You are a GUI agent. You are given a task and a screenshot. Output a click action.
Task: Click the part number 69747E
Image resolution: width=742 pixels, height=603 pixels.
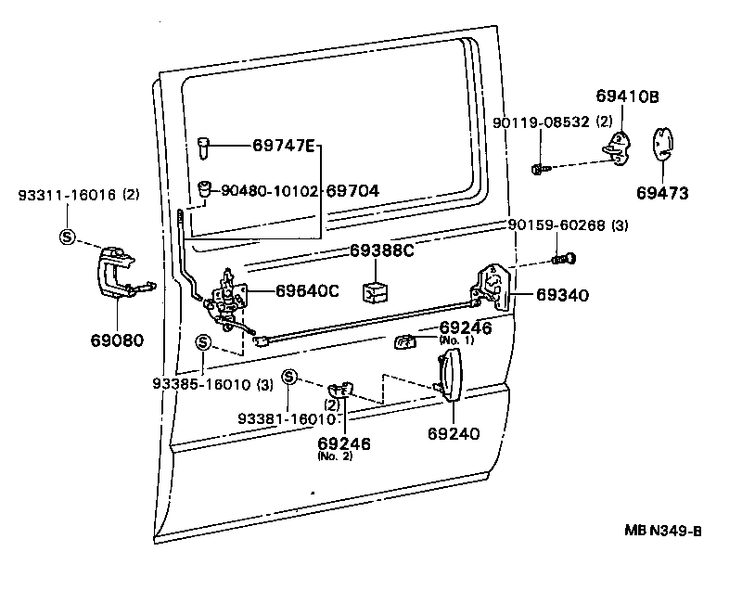pos(284,145)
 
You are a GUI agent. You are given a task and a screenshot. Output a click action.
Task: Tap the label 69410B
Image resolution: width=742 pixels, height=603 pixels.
pos(627,96)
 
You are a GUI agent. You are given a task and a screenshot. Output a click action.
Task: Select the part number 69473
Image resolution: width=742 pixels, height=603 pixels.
pos(662,193)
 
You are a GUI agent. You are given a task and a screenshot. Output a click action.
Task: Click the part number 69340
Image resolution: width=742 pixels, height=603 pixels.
pos(562,295)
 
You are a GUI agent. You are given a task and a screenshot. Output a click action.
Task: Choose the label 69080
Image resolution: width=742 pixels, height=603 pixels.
pos(116,340)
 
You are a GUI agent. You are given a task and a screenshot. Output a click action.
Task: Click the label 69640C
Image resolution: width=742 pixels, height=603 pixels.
pos(307,290)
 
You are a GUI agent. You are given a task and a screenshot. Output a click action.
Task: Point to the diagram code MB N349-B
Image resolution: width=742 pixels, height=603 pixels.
pos(662,531)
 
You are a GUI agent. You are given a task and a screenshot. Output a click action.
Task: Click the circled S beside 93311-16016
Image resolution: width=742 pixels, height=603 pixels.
pos(68,236)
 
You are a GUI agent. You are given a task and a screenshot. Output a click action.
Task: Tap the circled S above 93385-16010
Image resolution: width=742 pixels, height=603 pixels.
pos(204,343)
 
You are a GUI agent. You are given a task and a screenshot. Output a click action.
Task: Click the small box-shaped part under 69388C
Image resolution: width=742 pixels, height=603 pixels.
pos(376,290)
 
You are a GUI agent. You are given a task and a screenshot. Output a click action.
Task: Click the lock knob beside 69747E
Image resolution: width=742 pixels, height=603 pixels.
pos(205,146)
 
